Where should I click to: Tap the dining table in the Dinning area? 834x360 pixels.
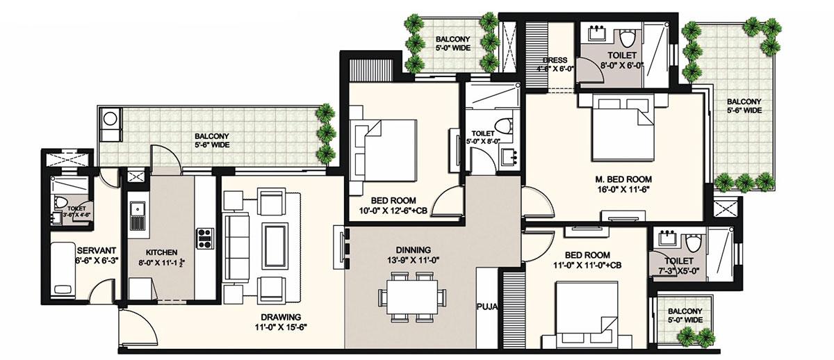point(413,296)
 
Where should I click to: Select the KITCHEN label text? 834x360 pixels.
point(161,252)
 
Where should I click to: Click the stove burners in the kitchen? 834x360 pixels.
point(206,238)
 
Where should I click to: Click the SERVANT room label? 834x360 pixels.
point(95,250)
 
